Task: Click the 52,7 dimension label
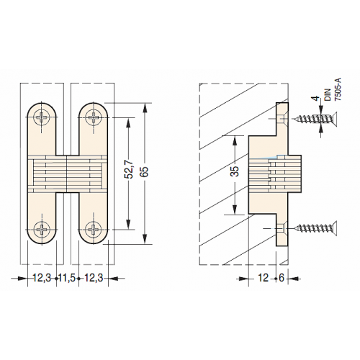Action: click(x=130, y=170)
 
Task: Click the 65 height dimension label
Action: click(x=144, y=171)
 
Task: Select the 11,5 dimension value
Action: click(x=67, y=278)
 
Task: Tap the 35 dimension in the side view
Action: click(x=235, y=171)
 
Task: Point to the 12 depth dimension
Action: click(x=263, y=278)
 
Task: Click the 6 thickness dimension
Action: click(x=282, y=278)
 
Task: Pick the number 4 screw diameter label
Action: click(x=317, y=98)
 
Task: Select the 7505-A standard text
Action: click(x=338, y=89)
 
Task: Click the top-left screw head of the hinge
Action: click(x=42, y=117)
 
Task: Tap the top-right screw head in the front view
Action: click(x=94, y=117)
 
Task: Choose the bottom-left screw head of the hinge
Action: click(x=42, y=229)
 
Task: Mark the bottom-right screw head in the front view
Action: click(x=94, y=229)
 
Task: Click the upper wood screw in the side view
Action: click(x=315, y=119)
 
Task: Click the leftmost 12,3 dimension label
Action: click(x=42, y=278)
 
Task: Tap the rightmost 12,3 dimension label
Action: click(x=94, y=278)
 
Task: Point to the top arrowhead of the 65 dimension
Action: click(x=145, y=108)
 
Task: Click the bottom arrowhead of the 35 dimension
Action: click(x=235, y=209)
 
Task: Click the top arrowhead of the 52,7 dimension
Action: click(x=129, y=122)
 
